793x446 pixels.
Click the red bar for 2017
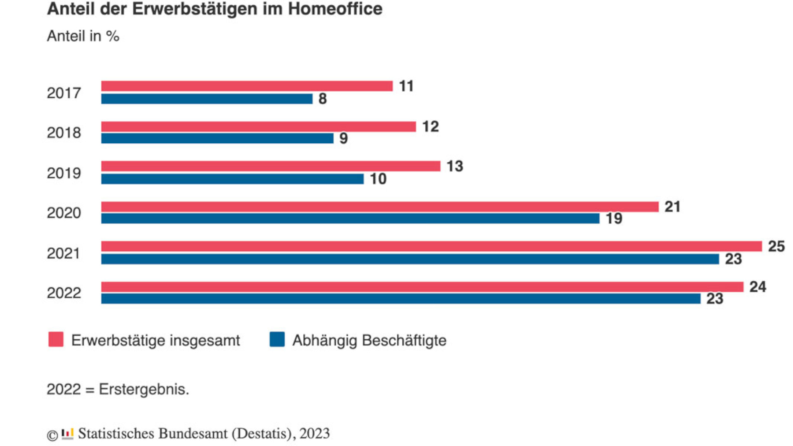click(247, 86)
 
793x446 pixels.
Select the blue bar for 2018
click(217, 138)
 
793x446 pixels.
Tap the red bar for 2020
click(380, 206)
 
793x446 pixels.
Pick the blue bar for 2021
click(410, 259)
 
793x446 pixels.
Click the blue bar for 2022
click(401, 299)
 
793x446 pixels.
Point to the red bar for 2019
click(271, 166)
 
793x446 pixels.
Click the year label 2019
click(64, 173)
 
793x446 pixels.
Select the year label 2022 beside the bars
click(64, 293)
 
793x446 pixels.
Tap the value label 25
click(776, 246)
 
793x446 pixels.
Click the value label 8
click(323, 99)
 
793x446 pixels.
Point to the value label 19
click(614, 218)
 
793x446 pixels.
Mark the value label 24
click(757, 287)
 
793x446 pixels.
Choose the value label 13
click(455, 166)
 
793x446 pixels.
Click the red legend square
click(56, 339)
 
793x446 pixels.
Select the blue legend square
click(277, 339)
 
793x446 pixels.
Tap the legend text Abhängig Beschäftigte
click(369, 340)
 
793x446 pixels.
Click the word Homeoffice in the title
click(335, 9)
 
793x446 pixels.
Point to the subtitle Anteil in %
click(83, 36)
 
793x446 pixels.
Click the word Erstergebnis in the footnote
click(143, 389)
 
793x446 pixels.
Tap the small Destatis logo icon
click(67, 434)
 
